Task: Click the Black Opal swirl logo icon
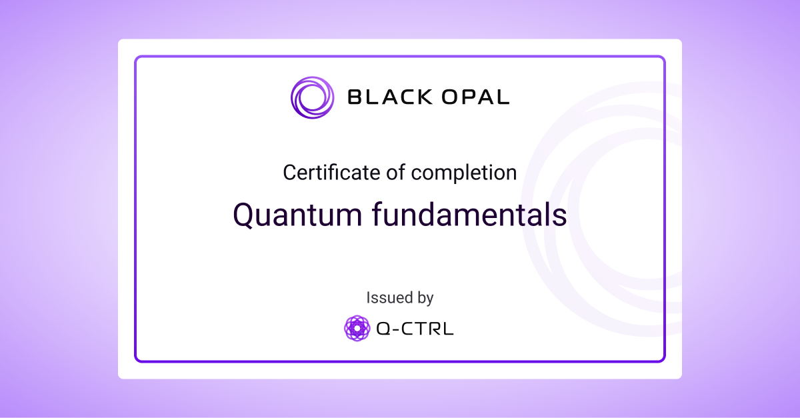[x=312, y=98]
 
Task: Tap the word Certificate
[x=333, y=173]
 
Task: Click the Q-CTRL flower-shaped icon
[x=357, y=328]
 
